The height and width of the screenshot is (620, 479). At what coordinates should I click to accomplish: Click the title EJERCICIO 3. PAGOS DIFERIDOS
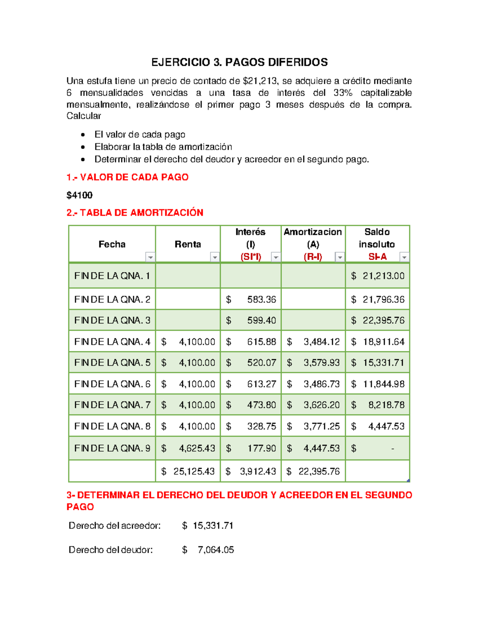(x=239, y=62)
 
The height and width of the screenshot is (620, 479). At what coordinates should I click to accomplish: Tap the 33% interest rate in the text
(x=343, y=93)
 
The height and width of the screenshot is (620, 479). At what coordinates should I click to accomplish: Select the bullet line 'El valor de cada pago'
(x=140, y=135)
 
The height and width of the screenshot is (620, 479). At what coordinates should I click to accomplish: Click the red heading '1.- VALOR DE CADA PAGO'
(x=127, y=177)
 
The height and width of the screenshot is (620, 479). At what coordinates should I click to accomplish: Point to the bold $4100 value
(x=79, y=195)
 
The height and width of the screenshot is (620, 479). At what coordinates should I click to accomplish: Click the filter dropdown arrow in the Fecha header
(x=150, y=258)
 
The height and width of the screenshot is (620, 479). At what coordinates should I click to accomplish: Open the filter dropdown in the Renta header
(x=215, y=258)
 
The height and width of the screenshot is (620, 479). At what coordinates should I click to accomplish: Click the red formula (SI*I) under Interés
(x=251, y=257)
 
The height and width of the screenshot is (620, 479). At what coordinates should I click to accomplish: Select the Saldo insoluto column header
(x=376, y=238)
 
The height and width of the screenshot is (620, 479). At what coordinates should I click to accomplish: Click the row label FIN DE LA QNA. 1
(x=112, y=276)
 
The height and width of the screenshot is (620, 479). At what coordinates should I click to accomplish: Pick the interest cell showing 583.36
(x=261, y=299)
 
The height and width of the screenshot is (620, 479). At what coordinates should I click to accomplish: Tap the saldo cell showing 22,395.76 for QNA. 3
(x=383, y=321)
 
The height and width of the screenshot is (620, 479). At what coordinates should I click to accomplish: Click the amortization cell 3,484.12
(x=321, y=342)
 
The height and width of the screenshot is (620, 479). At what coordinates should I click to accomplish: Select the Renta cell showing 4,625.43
(x=197, y=448)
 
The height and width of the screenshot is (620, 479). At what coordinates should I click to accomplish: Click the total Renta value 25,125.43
(x=194, y=471)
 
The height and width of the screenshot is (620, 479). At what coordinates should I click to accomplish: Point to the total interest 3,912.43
(x=257, y=471)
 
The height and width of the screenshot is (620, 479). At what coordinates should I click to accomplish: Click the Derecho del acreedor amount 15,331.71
(x=213, y=526)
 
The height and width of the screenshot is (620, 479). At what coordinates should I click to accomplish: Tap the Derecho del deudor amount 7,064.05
(x=216, y=550)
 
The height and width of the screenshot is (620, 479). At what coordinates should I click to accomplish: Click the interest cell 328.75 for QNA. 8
(x=261, y=426)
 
